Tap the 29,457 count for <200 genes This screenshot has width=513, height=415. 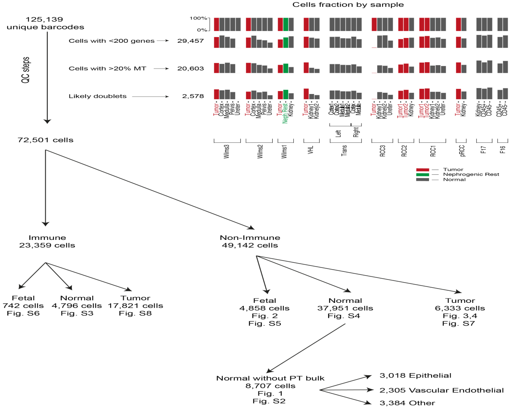click(x=190, y=41)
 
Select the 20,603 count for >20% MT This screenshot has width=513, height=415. click(x=190, y=68)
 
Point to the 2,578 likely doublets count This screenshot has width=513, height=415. click(x=193, y=96)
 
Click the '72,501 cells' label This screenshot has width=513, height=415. click(x=46, y=139)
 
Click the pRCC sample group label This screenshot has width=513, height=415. click(x=462, y=154)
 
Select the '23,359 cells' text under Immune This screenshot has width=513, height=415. click(x=47, y=245)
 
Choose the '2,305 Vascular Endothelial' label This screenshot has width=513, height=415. click(x=441, y=390)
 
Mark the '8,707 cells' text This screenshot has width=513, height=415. click(x=270, y=386)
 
